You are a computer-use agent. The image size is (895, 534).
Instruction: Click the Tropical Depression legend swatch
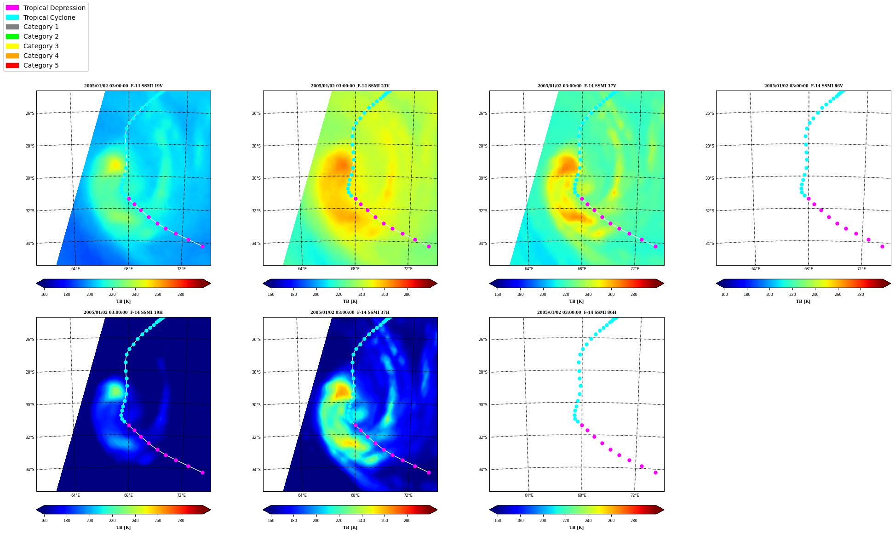coord(12,8)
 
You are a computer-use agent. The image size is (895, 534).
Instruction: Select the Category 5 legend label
coord(41,65)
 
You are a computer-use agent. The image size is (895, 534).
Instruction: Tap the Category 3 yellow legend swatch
coord(12,46)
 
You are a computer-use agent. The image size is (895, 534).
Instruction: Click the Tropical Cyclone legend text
coord(49,17)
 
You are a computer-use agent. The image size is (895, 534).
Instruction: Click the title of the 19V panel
coord(123,86)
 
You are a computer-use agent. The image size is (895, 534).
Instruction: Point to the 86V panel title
coord(803,86)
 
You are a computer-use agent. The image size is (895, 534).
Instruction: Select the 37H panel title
coord(350,312)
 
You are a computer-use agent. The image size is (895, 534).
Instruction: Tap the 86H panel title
coord(577,312)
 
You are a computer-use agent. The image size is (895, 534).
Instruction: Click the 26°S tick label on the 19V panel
coord(30,114)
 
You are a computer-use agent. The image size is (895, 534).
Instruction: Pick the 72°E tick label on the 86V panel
coord(861,269)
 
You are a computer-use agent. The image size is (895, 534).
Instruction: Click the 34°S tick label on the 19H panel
coord(30,470)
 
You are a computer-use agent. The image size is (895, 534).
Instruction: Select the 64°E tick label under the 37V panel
coord(529,269)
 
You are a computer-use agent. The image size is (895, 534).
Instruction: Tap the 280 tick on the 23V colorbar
coord(407,295)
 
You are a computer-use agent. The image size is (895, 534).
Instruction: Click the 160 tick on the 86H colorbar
coord(498,521)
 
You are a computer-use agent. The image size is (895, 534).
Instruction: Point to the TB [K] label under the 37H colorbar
coord(350,528)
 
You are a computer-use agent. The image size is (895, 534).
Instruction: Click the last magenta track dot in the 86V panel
coord(882,246)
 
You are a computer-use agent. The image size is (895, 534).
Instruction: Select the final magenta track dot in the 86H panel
coord(655,472)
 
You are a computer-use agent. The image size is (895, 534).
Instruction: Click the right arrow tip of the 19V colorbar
coord(210,283)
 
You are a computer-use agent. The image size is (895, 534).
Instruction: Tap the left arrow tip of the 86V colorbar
coord(717,283)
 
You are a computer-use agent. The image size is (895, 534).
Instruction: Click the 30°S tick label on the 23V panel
coord(257,178)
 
